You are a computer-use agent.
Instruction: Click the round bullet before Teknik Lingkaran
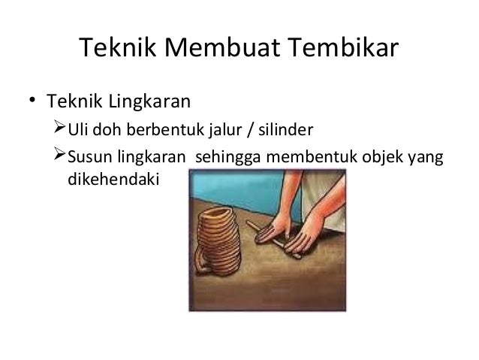(32, 100)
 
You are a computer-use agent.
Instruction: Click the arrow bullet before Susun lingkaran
(60, 159)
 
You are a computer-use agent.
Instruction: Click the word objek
(360, 159)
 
